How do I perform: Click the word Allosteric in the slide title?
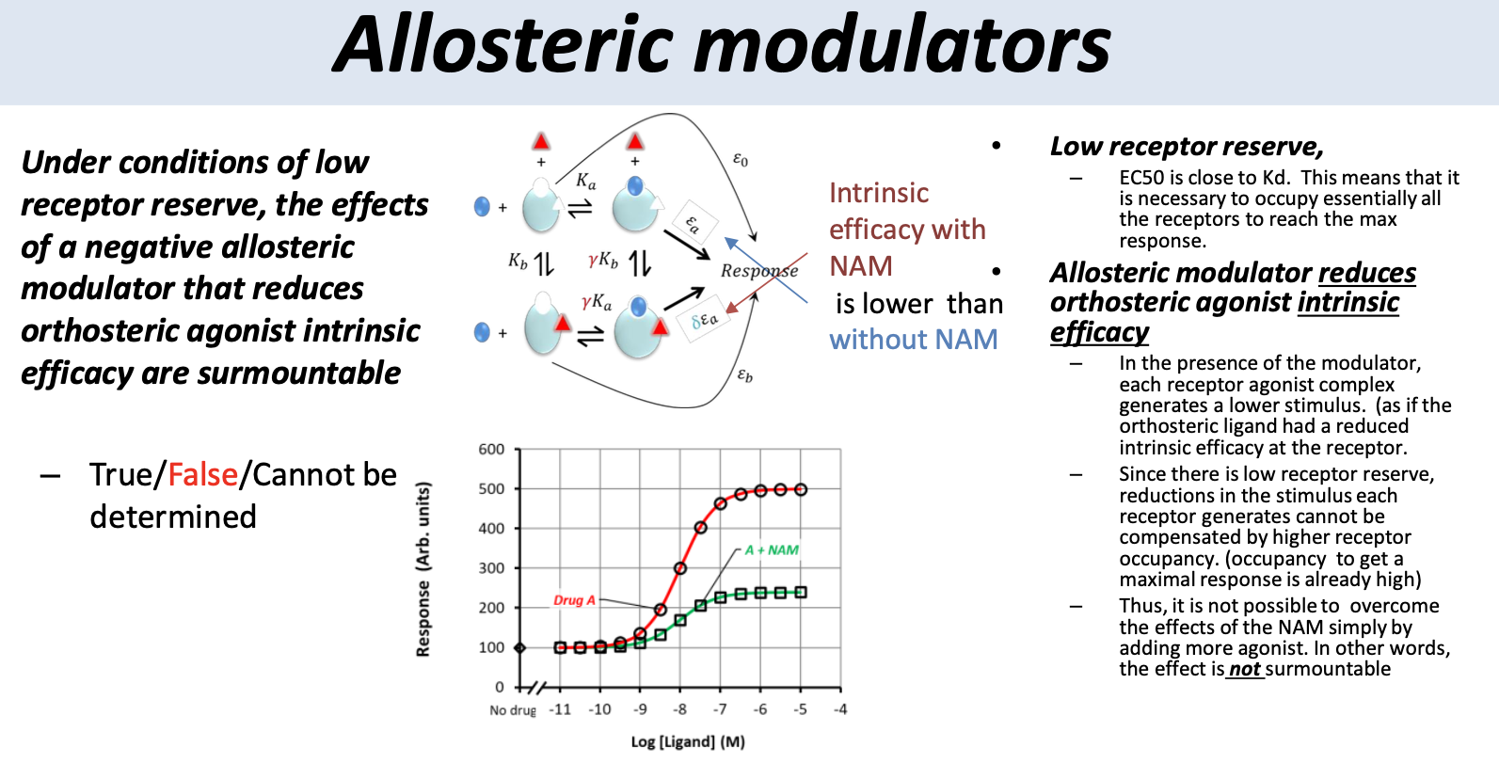(504, 45)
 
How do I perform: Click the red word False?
(202, 475)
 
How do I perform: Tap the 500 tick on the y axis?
(491, 489)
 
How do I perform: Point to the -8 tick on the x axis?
(680, 709)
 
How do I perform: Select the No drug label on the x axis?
(512, 710)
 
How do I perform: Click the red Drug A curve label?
(574, 600)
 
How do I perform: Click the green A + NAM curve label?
(772, 550)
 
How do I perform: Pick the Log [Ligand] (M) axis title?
(687, 742)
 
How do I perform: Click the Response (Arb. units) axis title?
(423, 569)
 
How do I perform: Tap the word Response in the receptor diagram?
(758, 271)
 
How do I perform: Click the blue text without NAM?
(913, 340)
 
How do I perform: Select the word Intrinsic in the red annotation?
(879, 193)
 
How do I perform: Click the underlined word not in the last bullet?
(1244, 669)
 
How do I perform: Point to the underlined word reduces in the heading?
(1366, 273)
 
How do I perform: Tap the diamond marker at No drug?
(519, 647)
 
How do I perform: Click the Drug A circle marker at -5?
(801, 489)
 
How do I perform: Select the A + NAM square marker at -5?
(801, 592)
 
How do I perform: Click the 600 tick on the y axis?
(491, 450)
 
